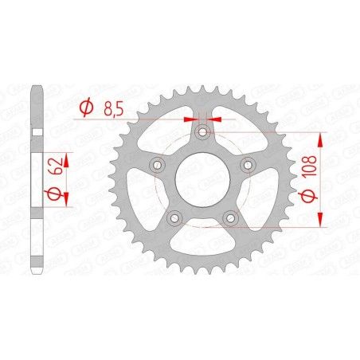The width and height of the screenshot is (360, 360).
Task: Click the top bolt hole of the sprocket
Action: click(x=202, y=131)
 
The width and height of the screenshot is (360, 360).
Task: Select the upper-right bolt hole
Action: click(x=247, y=164)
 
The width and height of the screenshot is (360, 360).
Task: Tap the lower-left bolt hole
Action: click(x=174, y=216)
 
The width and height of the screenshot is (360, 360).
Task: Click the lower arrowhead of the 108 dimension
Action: click(x=320, y=220)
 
